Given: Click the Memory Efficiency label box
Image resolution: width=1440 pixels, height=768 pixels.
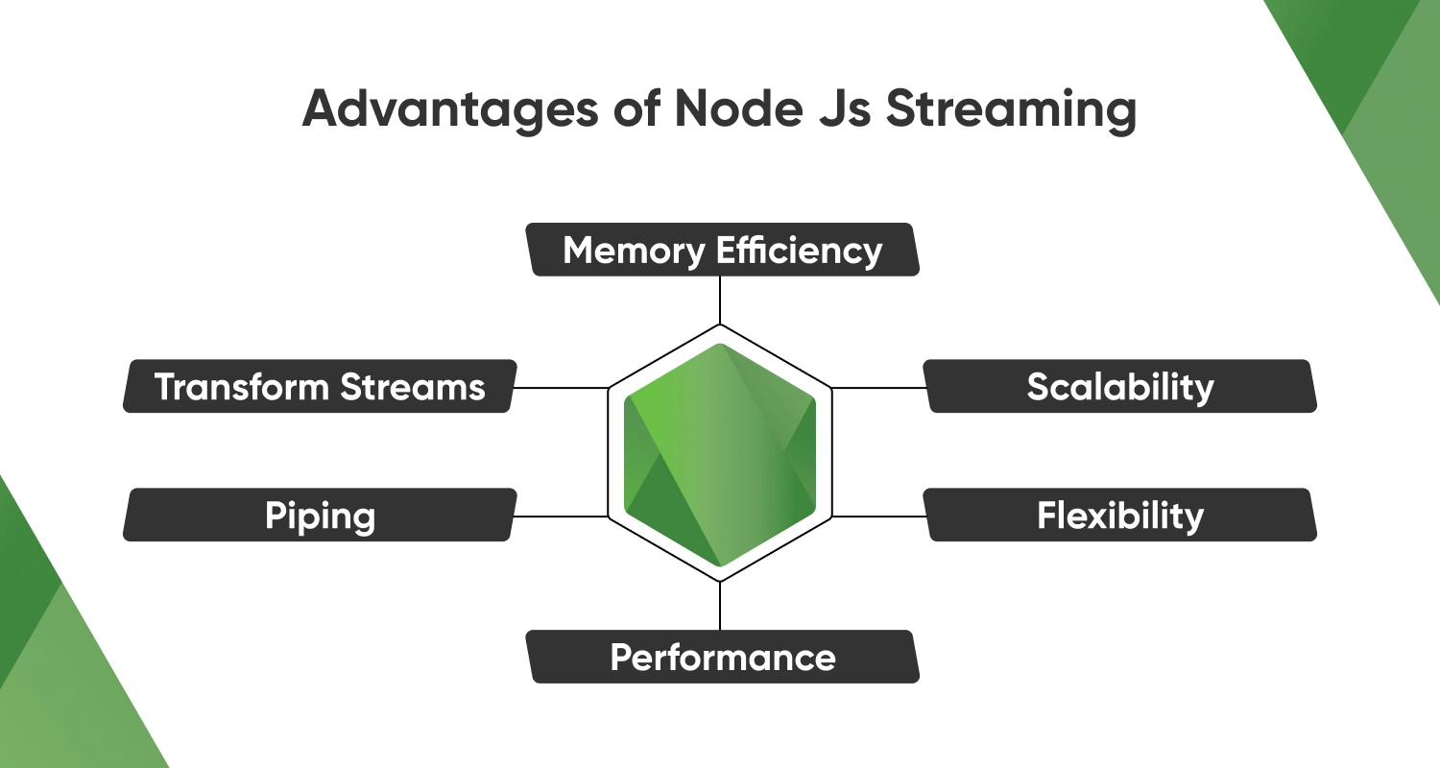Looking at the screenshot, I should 722,251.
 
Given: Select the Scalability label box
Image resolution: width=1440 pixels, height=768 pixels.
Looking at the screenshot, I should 1120,387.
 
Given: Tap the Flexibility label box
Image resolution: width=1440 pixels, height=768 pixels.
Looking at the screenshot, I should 1120,516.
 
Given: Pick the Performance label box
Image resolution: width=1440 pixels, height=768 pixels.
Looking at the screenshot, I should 722,658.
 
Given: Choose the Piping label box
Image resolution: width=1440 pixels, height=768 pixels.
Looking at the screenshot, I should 320,516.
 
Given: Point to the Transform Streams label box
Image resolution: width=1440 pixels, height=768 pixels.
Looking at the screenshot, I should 320,387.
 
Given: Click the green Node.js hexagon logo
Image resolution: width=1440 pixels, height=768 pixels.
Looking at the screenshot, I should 720,453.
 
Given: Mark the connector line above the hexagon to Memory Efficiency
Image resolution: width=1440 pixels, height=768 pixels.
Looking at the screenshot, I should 720,300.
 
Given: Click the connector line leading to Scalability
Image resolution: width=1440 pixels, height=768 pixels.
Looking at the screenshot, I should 878,388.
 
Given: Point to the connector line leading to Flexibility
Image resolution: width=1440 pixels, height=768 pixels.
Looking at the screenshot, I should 878,516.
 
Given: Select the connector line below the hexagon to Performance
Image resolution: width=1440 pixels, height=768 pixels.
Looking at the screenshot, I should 720,606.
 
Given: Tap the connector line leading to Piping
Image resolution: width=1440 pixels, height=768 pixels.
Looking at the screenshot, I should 562,516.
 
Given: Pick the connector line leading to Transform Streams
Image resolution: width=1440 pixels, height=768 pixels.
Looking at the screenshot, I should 562,388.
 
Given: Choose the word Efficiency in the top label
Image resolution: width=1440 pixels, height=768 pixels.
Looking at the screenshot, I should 800,251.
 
